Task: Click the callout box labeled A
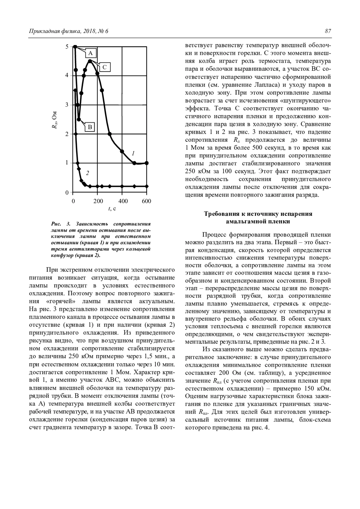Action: [x=90, y=53]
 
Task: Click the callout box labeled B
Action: [x=90, y=127]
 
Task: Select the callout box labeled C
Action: [x=105, y=67]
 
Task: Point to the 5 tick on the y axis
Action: [x=67, y=46]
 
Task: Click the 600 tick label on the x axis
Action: [x=146, y=201]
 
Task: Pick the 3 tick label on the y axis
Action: [x=67, y=105]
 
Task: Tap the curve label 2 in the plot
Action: [x=87, y=173]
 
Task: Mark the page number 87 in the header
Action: [x=328, y=31]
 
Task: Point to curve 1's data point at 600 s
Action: [x=146, y=163]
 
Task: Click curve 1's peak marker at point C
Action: [x=90, y=61]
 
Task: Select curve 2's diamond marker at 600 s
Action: [x=146, y=186]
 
